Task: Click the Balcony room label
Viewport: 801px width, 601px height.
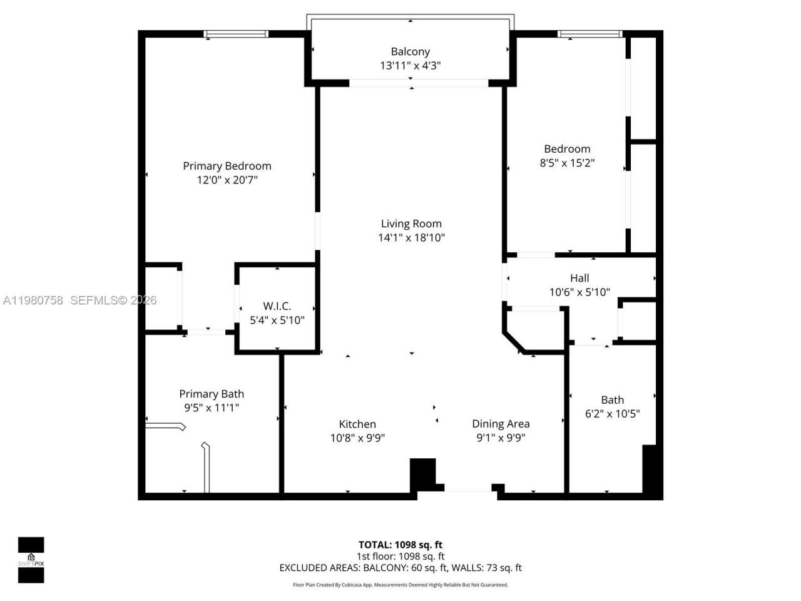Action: (410, 51)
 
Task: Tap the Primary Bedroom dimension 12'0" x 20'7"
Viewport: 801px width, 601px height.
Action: (227, 180)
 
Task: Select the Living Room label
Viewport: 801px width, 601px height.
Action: (411, 223)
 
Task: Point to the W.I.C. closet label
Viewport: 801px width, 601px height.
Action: (277, 306)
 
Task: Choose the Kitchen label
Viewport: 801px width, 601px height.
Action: (357, 424)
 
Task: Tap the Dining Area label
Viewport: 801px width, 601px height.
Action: (501, 424)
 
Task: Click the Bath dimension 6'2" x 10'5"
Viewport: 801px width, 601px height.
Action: (612, 414)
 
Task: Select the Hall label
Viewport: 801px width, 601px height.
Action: (579, 278)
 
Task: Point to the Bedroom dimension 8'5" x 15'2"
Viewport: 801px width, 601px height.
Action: (567, 163)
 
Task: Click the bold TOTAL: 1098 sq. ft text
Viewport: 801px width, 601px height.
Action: (400, 545)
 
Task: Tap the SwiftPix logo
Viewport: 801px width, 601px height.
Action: (31, 560)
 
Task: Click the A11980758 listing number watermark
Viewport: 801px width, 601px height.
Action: (33, 300)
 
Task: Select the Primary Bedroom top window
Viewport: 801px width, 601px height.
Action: (237, 34)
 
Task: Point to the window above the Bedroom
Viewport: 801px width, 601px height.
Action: (590, 34)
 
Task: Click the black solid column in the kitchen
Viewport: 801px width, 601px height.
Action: (422, 474)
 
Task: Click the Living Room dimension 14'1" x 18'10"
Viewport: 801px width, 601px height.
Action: (411, 238)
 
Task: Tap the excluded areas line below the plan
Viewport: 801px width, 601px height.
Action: (400, 568)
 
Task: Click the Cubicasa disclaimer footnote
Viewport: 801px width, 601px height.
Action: (400, 585)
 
